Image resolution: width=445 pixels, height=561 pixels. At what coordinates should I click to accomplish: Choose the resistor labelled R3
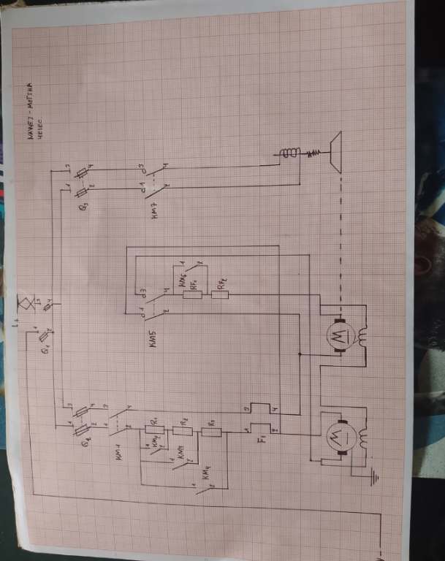211,432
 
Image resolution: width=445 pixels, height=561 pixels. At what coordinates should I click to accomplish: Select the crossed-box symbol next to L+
26,300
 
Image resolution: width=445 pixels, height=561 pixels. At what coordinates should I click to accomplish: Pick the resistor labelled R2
183,432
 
